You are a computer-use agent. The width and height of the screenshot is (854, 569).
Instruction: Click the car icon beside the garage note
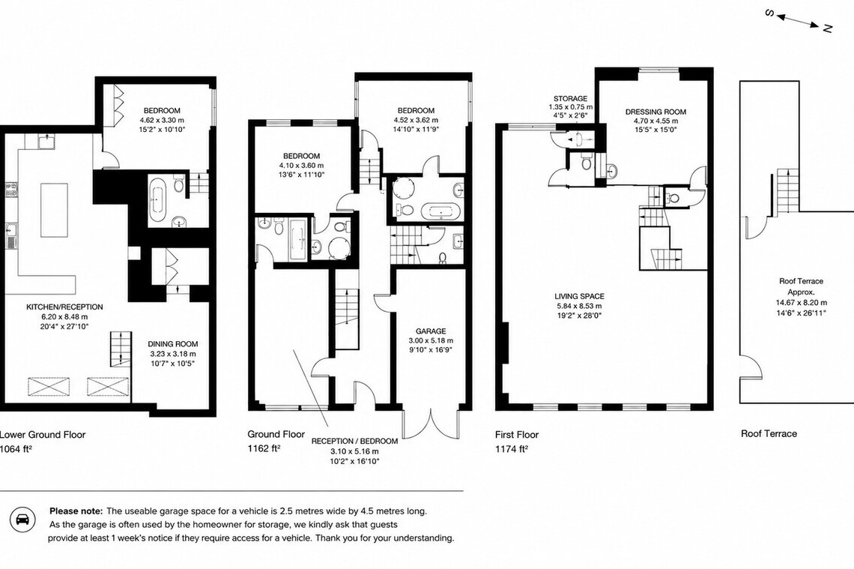click(x=22, y=521)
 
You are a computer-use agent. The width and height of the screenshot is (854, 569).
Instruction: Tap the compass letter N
click(x=827, y=28)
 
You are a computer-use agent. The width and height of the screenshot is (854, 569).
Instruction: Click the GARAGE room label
click(x=431, y=331)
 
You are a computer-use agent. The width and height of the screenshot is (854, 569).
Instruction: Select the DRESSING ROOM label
click(x=655, y=112)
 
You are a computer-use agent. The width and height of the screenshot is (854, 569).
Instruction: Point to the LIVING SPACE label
click(x=580, y=296)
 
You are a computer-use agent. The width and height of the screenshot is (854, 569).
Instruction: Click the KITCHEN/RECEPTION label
click(x=65, y=307)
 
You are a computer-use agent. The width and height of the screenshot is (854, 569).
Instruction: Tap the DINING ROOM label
click(x=172, y=344)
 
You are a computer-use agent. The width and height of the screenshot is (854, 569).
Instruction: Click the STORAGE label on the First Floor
click(x=570, y=99)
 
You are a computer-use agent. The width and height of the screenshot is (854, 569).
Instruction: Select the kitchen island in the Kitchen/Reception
click(x=55, y=211)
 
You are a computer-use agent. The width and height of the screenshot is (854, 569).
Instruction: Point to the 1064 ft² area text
click(x=16, y=449)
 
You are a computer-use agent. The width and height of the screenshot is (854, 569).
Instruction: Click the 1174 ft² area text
click(x=512, y=449)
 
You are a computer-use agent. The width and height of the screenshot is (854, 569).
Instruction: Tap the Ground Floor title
click(x=276, y=434)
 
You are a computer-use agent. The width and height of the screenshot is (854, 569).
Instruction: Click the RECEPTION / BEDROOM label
click(x=354, y=441)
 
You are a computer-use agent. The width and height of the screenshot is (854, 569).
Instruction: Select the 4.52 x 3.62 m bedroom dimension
click(x=416, y=120)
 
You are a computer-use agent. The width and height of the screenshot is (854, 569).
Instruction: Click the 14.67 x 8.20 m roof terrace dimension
click(x=801, y=302)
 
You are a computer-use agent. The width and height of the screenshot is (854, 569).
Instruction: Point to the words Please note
click(x=76, y=511)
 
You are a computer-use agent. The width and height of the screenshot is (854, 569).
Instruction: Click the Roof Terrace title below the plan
click(x=769, y=434)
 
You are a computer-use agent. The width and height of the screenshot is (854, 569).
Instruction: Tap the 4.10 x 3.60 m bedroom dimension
click(x=301, y=166)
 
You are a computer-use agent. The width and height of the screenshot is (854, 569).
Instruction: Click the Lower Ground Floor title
click(x=43, y=434)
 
